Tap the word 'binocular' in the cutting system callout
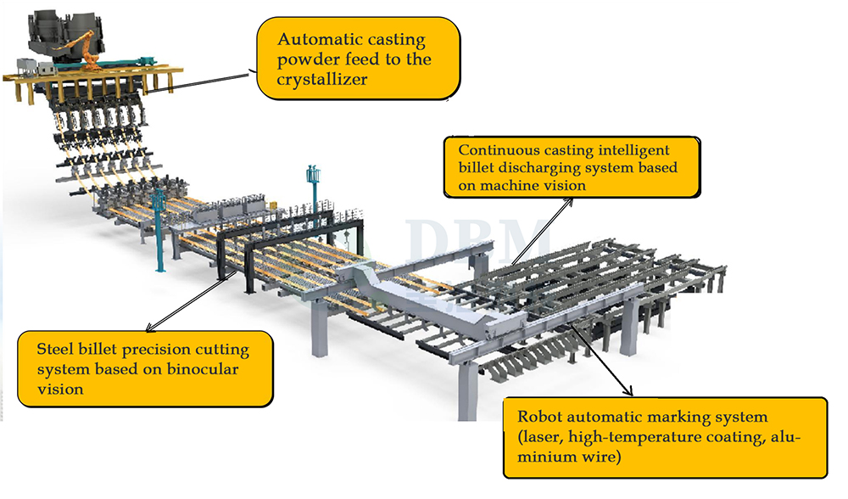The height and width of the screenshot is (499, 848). pyautogui.click(x=205, y=370)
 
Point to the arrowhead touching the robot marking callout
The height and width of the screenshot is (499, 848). pyautogui.click(x=629, y=392)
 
